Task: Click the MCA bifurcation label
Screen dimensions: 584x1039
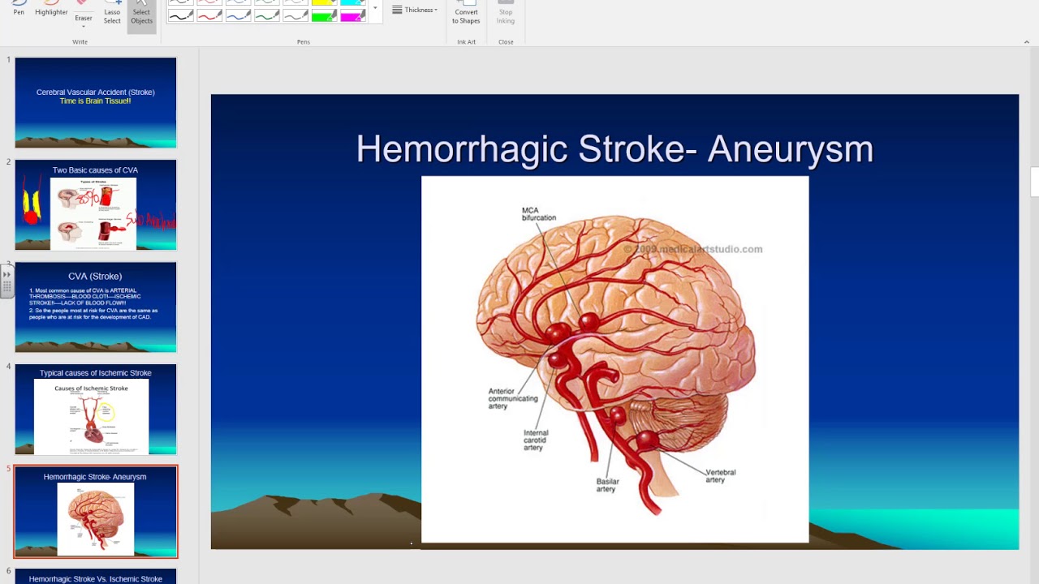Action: tap(538, 214)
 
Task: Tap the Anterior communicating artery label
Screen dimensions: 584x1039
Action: tap(512, 398)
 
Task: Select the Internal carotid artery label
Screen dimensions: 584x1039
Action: tap(536, 440)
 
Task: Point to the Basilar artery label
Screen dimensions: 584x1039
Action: tap(607, 485)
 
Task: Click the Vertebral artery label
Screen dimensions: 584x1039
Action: tap(720, 475)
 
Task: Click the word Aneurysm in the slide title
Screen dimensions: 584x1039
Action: tap(790, 149)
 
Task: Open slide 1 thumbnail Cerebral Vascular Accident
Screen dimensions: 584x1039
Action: tap(95, 102)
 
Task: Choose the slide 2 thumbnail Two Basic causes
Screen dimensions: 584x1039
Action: tap(95, 204)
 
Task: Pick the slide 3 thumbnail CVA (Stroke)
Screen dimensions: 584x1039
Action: tap(95, 307)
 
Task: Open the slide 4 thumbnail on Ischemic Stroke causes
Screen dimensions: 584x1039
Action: tap(95, 409)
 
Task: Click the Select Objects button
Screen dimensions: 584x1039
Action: tap(141, 15)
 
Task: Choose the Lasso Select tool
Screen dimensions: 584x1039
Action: tap(112, 15)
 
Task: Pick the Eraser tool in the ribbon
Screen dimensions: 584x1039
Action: tap(83, 15)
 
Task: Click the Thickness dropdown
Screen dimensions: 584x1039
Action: tap(415, 10)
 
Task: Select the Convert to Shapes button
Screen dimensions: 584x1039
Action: tap(466, 15)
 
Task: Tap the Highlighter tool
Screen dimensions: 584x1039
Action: tap(51, 10)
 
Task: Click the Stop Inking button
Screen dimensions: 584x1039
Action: tap(506, 15)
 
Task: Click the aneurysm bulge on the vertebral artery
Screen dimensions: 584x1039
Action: tap(647, 440)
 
